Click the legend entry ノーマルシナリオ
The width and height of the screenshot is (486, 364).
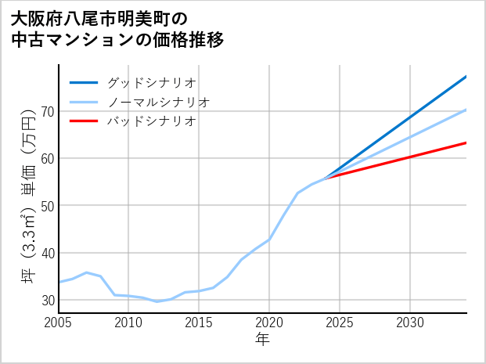pyautogui.click(x=158, y=102)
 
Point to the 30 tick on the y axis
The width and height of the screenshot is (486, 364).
pyautogui.click(x=48, y=301)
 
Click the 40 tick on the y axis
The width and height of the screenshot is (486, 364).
pyautogui.click(x=48, y=253)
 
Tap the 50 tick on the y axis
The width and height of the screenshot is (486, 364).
pyautogui.click(x=48, y=206)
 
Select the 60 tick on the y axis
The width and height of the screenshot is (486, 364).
pyautogui.click(x=48, y=159)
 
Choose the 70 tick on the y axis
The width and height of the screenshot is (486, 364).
pyautogui.click(x=48, y=112)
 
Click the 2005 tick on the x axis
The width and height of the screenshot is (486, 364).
pyautogui.click(x=59, y=323)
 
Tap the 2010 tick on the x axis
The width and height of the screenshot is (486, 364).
pyautogui.click(x=129, y=323)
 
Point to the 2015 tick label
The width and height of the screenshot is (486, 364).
pyautogui.click(x=200, y=323)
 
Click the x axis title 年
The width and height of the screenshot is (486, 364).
pyautogui.click(x=263, y=340)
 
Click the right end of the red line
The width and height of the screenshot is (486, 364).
pyautogui.click(x=466, y=142)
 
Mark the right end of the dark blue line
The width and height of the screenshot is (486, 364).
pyautogui.click(x=466, y=76)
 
